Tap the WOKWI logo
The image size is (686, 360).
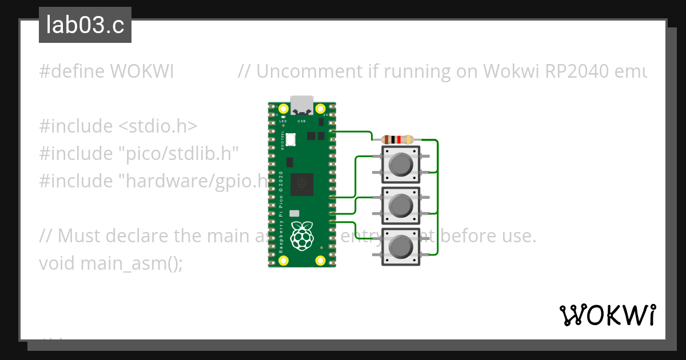[x=607, y=315]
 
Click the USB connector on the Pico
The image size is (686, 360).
[x=302, y=106]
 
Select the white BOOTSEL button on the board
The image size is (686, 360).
[x=290, y=139]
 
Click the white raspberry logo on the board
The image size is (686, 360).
[x=301, y=235]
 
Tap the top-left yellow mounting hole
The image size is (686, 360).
[x=283, y=108]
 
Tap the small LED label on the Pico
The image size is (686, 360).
[x=283, y=121]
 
